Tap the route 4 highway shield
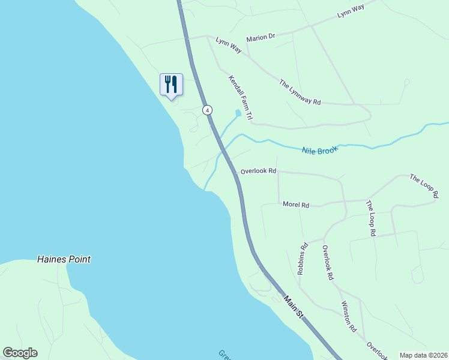[207, 110]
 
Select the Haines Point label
[64, 260]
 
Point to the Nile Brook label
[319, 150]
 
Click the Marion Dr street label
[260, 37]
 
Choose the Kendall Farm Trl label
[241, 99]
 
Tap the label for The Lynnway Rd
[300, 92]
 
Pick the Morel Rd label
[295, 205]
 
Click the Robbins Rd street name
[303, 259]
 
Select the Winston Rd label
[349, 317]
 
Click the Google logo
[20, 353]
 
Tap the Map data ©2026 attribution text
[423, 355]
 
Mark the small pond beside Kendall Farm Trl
[238, 113]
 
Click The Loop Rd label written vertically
[370, 217]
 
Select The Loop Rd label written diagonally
[424, 185]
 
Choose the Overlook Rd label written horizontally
[258, 171]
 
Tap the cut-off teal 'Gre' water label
[223, 355]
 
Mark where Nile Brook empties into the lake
[205, 190]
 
